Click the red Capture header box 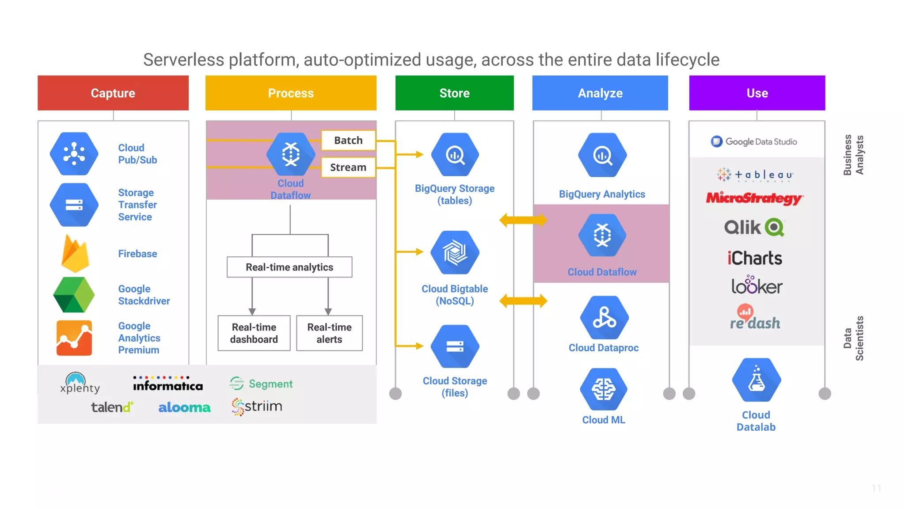(x=113, y=93)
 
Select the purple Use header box (x=757, y=93)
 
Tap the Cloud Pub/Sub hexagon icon (x=74, y=154)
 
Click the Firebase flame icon (x=75, y=254)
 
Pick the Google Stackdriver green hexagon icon (x=74, y=295)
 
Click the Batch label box (x=348, y=141)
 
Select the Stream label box (x=348, y=167)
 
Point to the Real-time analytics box (x=289, y=267)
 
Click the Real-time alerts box (x=329, y=333)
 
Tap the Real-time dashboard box (x=254, y=333)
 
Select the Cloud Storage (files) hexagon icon (x=455, y=346)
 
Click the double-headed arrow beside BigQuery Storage (x=523, y=220)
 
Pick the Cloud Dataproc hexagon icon (x=604, y=318)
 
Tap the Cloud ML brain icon (x=604, y=389)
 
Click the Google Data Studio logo (x=754, y=141)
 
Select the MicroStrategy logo (x=754, y=198)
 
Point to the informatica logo (x=168, y=384)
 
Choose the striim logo (x=257, y=406)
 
